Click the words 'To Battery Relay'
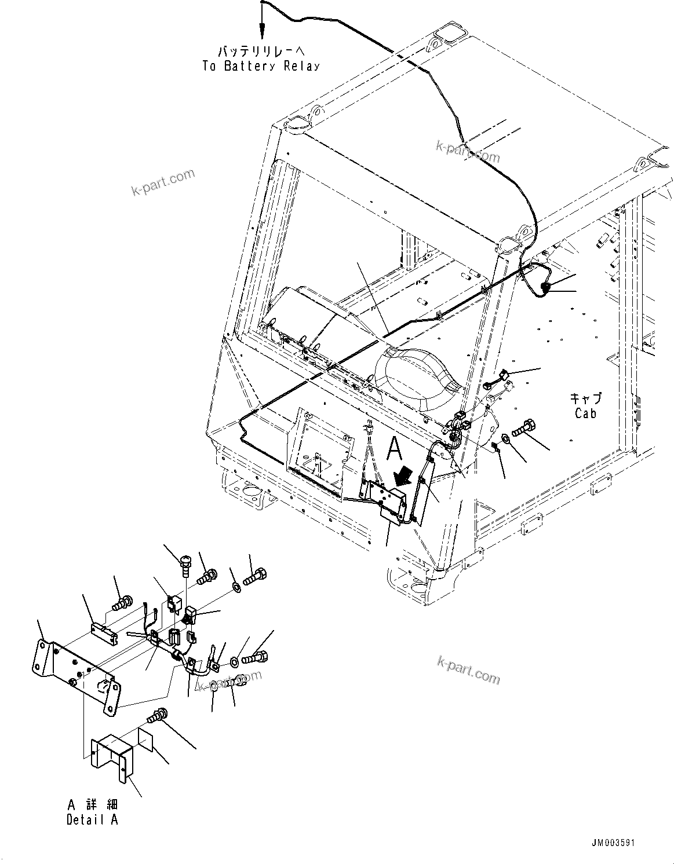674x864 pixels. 261,66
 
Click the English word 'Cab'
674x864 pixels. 585,413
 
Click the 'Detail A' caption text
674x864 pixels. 92,820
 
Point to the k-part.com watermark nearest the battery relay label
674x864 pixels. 163,182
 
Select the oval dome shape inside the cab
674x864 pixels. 417,378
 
